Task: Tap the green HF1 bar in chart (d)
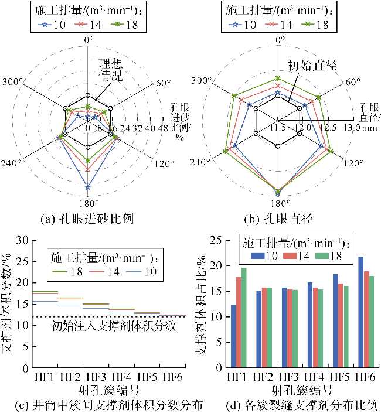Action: (243, 318)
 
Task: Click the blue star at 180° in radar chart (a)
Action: (88, 187)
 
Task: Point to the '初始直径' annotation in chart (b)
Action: (311, 66)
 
